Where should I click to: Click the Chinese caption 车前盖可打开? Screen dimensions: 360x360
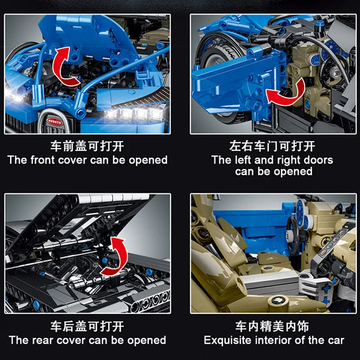coord(88,147)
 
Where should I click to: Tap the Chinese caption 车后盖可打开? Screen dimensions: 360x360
coord(88,326)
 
